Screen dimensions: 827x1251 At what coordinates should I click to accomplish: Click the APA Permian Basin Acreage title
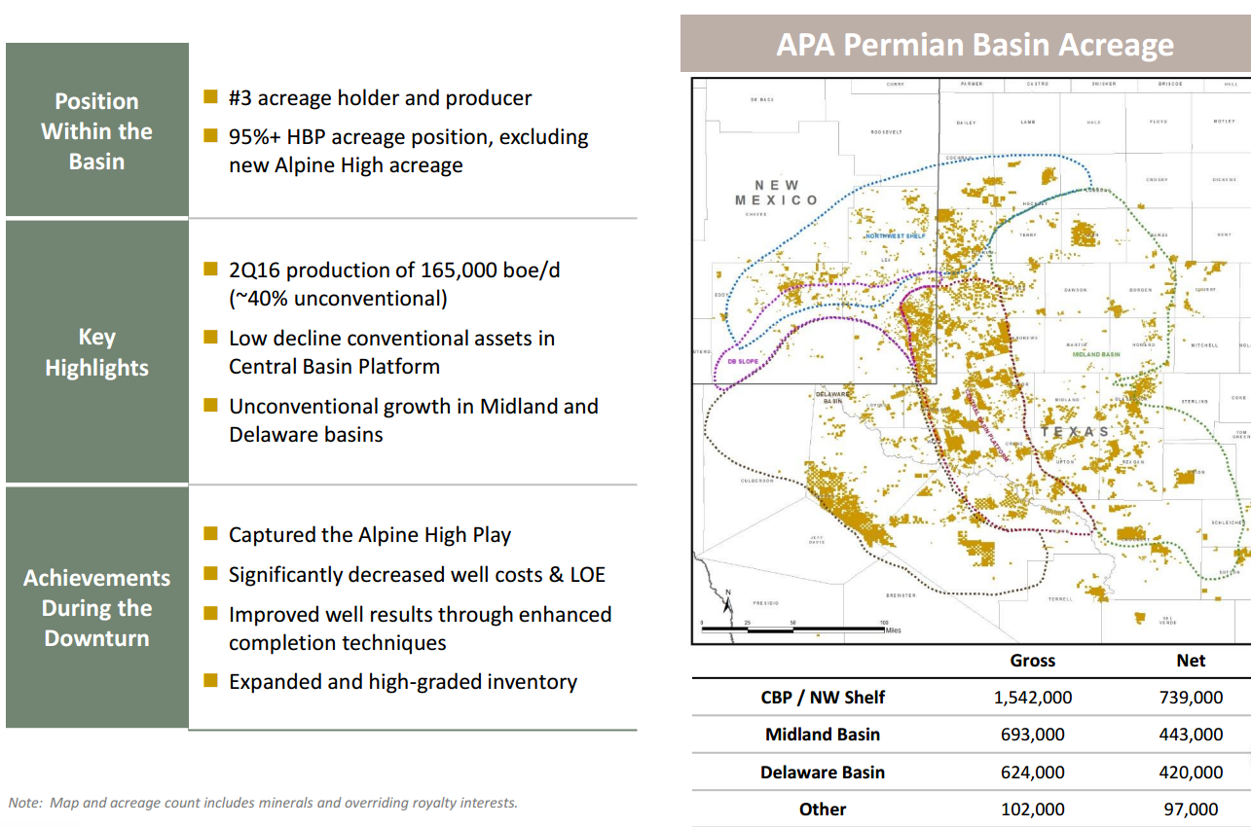[x=975, y=45]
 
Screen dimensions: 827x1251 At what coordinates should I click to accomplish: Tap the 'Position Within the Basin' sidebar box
[x=96, y=130]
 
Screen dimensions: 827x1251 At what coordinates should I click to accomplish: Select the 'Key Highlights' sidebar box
[x=96, y=351]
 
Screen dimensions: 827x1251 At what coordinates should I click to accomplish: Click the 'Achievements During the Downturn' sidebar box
[x=96, y=608]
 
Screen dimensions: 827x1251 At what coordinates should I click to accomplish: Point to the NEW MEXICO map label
[x=776, y=192]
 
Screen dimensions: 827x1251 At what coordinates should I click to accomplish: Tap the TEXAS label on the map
[x=1075, y=431]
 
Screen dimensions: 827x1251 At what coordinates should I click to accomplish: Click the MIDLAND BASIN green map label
[x=1096, y=355]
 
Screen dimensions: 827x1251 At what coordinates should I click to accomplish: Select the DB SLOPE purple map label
[x=744, y=361]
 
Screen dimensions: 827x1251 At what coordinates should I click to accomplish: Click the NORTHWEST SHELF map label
[x=897, y=236]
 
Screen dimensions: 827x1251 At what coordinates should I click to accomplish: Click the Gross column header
[x=1033, y=661]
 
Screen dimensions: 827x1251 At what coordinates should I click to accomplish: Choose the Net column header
[x=1191, y=661]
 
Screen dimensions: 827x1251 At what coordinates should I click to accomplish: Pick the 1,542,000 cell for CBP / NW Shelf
[x=1033, y=698]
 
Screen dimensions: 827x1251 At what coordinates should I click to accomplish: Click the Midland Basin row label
[x=823, y=735]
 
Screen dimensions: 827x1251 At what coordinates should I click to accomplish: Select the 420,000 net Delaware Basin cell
[x=1191, y=773]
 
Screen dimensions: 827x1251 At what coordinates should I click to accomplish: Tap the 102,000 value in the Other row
[x=1033, y=809]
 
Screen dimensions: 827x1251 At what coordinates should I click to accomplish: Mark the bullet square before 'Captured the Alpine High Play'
[x=210, y=533]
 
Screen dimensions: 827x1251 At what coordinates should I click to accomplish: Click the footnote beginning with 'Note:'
[x=263, y=803]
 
